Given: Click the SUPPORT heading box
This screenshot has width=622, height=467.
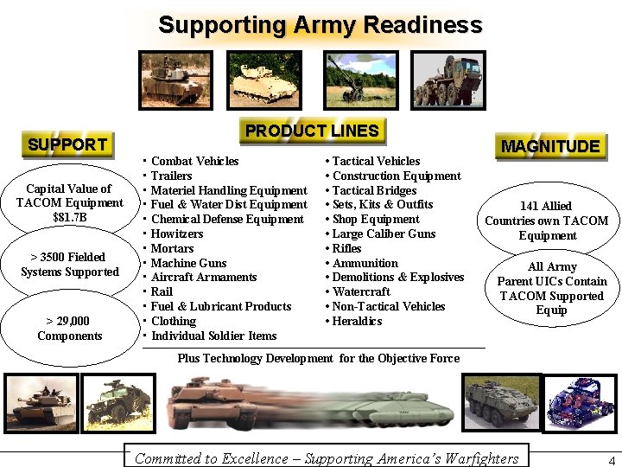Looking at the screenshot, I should (67, 144).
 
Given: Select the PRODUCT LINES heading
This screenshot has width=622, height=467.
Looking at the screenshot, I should (312, 131).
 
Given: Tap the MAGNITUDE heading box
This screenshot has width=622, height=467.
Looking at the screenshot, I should (550, 146).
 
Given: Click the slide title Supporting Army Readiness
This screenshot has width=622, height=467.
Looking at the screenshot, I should (320, 25).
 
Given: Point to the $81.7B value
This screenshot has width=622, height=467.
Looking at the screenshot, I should (69, 217).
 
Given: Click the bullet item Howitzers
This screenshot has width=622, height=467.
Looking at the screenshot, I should (177, 233).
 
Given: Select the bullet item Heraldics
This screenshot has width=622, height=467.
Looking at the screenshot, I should (357, 321).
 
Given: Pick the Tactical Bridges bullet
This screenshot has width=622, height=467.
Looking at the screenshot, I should (374, 190).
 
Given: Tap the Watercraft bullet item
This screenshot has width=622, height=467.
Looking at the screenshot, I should (361, 291).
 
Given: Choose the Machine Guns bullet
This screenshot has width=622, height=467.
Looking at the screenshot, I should (188, 263).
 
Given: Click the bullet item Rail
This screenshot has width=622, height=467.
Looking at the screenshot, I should (162, 291).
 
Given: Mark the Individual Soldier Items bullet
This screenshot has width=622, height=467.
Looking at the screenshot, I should (213, 336).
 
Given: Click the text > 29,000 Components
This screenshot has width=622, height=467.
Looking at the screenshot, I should (69, 329).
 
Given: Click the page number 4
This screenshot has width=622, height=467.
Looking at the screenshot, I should (611, 460).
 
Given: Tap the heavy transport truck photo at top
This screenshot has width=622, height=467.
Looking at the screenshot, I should (447, 80).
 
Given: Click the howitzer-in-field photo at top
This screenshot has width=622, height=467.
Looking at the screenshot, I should (356, 80).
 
